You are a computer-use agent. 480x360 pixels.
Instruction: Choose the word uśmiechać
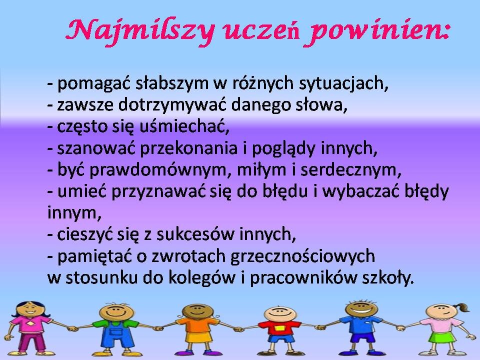(x=184, y=126)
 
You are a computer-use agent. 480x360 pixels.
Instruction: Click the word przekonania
(x=188, y=148)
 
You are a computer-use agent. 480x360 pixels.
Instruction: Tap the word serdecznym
(x=350, y=169)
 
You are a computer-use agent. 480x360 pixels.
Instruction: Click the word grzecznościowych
(x=302, y=256)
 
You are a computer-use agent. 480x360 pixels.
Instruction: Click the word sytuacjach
(x=343, y=83)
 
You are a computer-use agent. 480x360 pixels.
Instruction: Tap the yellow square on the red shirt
(x=279, y=328)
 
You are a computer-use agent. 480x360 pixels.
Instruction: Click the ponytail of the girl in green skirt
(x=461, y=307)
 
